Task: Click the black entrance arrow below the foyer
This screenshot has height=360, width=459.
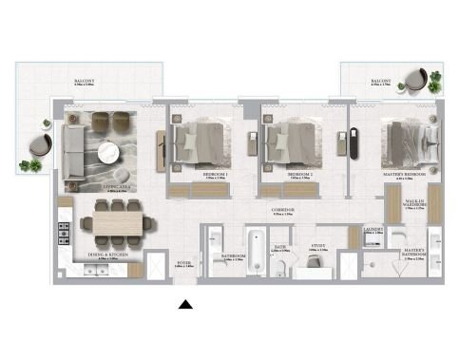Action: [187, 304]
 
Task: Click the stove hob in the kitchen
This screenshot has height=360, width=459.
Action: [66, 234]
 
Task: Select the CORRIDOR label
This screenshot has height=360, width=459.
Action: [282, 210]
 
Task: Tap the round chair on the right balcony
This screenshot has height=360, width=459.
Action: [414, 80]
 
